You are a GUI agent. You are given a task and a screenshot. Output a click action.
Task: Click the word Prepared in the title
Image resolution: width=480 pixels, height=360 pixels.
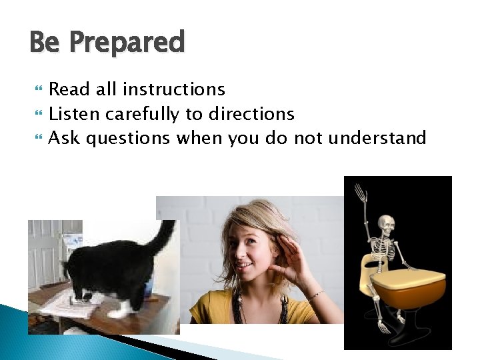point(127,43)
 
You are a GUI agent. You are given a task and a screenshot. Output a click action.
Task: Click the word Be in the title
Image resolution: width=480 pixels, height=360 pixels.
point(45,43)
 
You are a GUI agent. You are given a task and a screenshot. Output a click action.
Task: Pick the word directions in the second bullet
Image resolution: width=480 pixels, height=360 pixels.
point(251,114)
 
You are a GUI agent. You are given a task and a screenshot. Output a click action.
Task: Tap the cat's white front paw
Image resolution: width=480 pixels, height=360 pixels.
point(120,311)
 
